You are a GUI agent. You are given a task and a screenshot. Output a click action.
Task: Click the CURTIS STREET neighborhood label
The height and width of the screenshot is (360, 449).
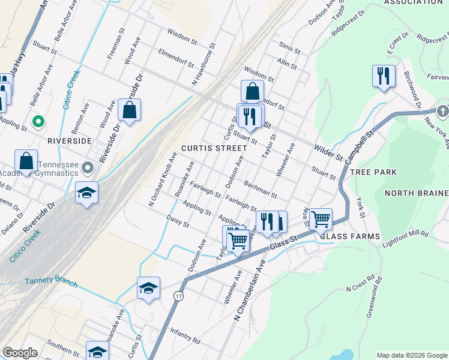coord(215,148)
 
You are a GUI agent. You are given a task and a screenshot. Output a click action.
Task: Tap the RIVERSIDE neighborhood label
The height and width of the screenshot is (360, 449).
coord(69,140)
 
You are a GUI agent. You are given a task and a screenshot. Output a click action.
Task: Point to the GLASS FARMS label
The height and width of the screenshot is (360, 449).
coord(350,236)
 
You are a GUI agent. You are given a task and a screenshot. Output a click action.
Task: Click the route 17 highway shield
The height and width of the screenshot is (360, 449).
coord(178,296)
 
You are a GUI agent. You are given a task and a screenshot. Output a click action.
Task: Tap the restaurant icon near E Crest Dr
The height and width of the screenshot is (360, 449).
coord(383,76)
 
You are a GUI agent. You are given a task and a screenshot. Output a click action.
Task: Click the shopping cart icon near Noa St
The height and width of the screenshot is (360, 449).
coord(321,220)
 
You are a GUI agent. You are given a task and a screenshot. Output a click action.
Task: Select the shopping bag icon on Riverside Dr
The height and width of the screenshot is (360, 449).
coord(129,109)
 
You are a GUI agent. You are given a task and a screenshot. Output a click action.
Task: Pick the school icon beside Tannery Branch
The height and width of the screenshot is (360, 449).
coord(148,287)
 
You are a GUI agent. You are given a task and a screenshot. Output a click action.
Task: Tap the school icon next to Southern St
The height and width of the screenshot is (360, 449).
coord(97,351)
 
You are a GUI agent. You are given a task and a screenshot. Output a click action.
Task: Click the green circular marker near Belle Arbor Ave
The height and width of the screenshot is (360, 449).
coord(38,122)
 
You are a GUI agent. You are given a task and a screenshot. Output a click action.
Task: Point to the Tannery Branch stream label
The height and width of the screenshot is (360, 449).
coord(51,281)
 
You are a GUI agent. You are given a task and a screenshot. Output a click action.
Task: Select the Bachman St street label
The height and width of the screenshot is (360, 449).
coord(261,188)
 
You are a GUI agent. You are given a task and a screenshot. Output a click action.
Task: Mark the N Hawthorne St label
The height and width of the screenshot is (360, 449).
coord(203,68)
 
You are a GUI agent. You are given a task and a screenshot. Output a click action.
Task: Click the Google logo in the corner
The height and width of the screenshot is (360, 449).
coord(20,353)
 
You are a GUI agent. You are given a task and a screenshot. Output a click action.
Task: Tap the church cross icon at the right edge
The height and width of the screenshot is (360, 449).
coord(442,111)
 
